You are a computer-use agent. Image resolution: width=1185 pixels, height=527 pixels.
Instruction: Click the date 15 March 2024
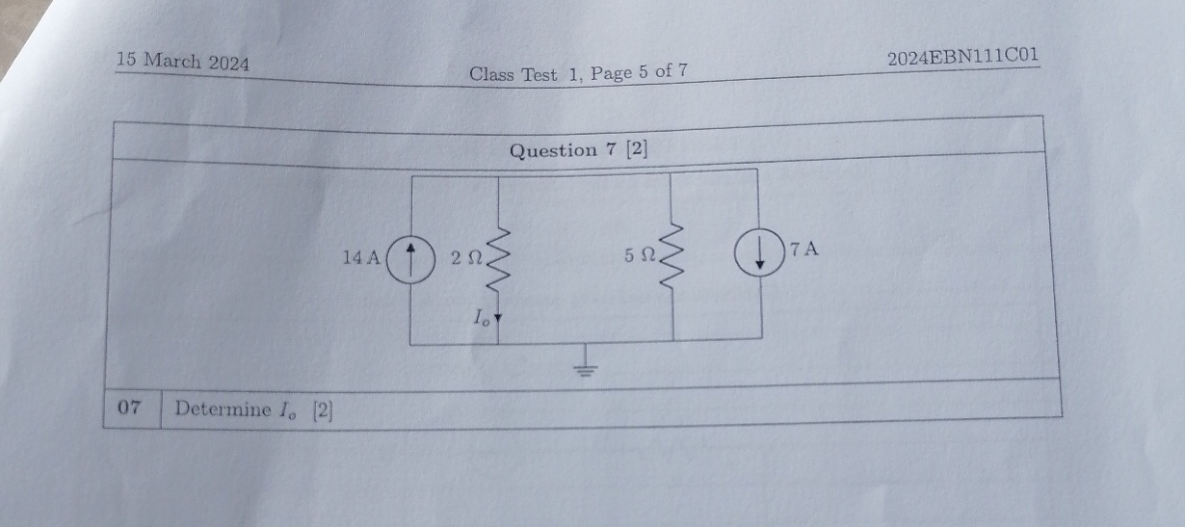(182, 63)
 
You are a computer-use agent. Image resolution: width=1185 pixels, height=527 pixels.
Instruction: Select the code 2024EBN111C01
(962, 56)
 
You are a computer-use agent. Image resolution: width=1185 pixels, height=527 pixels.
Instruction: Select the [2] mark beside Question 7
(637, 149)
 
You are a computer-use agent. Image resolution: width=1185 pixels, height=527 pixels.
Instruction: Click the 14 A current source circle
(410, 257)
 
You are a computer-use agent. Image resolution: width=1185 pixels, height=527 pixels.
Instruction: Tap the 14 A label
(362, 257)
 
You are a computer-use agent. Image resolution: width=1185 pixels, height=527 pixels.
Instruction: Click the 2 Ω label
(465, 257)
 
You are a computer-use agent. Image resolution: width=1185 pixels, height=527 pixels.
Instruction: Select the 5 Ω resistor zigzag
(671, 255)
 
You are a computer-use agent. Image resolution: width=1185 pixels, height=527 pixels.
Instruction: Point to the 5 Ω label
(638, 256)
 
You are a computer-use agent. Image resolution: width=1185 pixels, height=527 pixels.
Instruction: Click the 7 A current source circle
(759, 254)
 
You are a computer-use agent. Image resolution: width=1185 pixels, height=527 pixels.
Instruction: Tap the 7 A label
(803, 250)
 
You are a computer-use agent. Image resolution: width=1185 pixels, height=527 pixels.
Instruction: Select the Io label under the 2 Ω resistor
(481, 318)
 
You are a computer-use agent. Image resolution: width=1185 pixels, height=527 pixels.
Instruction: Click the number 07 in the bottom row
(130, 408)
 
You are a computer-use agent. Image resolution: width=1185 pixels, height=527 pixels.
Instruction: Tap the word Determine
(224, 408)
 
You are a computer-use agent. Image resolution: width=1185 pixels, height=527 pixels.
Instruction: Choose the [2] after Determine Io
(322, 410)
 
